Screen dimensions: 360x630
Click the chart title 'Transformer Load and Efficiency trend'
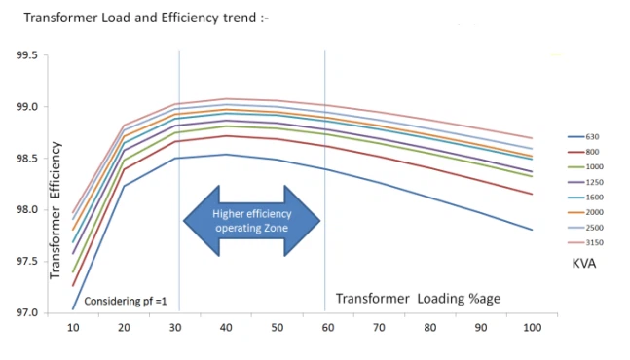pos(141,17)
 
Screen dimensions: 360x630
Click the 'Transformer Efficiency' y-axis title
pos(56,210)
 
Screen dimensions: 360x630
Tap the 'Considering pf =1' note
pos(127,302)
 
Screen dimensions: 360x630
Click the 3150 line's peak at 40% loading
pos(226,98)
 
